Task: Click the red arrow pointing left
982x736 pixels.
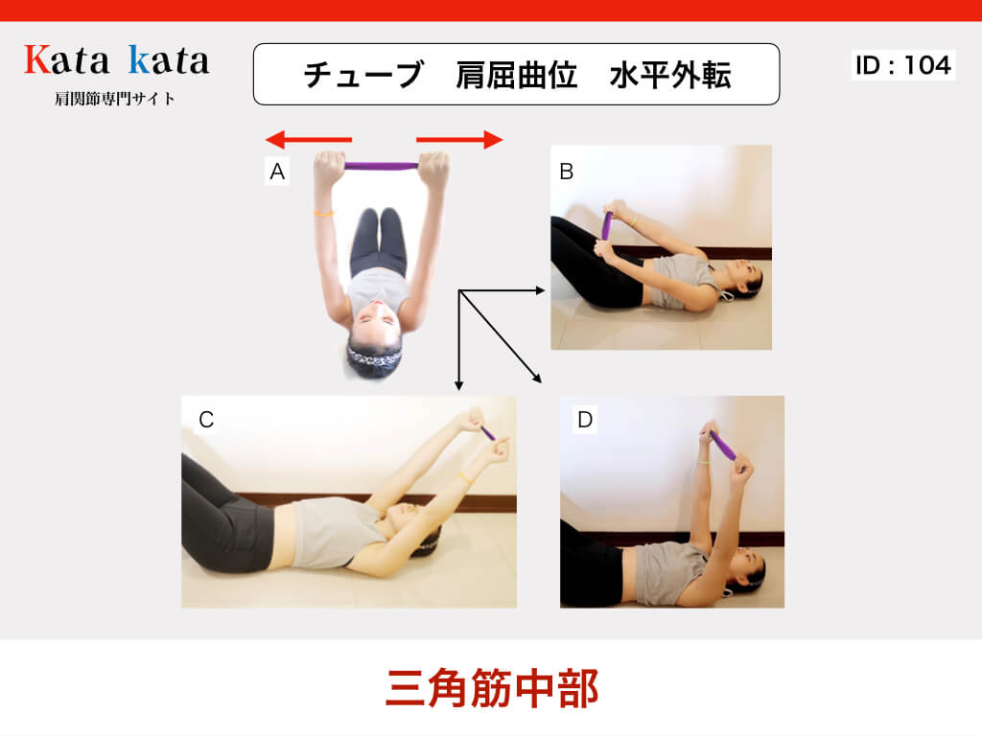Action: [309, 140]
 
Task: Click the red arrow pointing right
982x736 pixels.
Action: [459, 140]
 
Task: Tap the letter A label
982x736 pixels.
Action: [277, 171]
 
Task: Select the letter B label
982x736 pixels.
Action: [566, 172]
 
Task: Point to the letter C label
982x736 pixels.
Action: [206, 420]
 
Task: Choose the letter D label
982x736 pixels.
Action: [585, 420]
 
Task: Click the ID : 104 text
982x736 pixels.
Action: [903, 65]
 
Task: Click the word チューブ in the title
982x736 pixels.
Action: [363, 75]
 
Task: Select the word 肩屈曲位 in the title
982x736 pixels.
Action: [516, 75]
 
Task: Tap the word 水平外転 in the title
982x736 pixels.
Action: [670, 75]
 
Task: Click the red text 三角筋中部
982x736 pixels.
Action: [492, 688]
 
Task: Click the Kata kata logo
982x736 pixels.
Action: [116, 60]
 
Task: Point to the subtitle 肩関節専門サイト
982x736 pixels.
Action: [115, 99]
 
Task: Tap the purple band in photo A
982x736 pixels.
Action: [382, 166]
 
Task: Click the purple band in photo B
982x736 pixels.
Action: [607, 226]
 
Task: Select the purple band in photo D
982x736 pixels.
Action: [723, 445]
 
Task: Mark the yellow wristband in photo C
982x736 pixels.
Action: [464, 477]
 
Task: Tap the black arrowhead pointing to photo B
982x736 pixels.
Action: [541, 289]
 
